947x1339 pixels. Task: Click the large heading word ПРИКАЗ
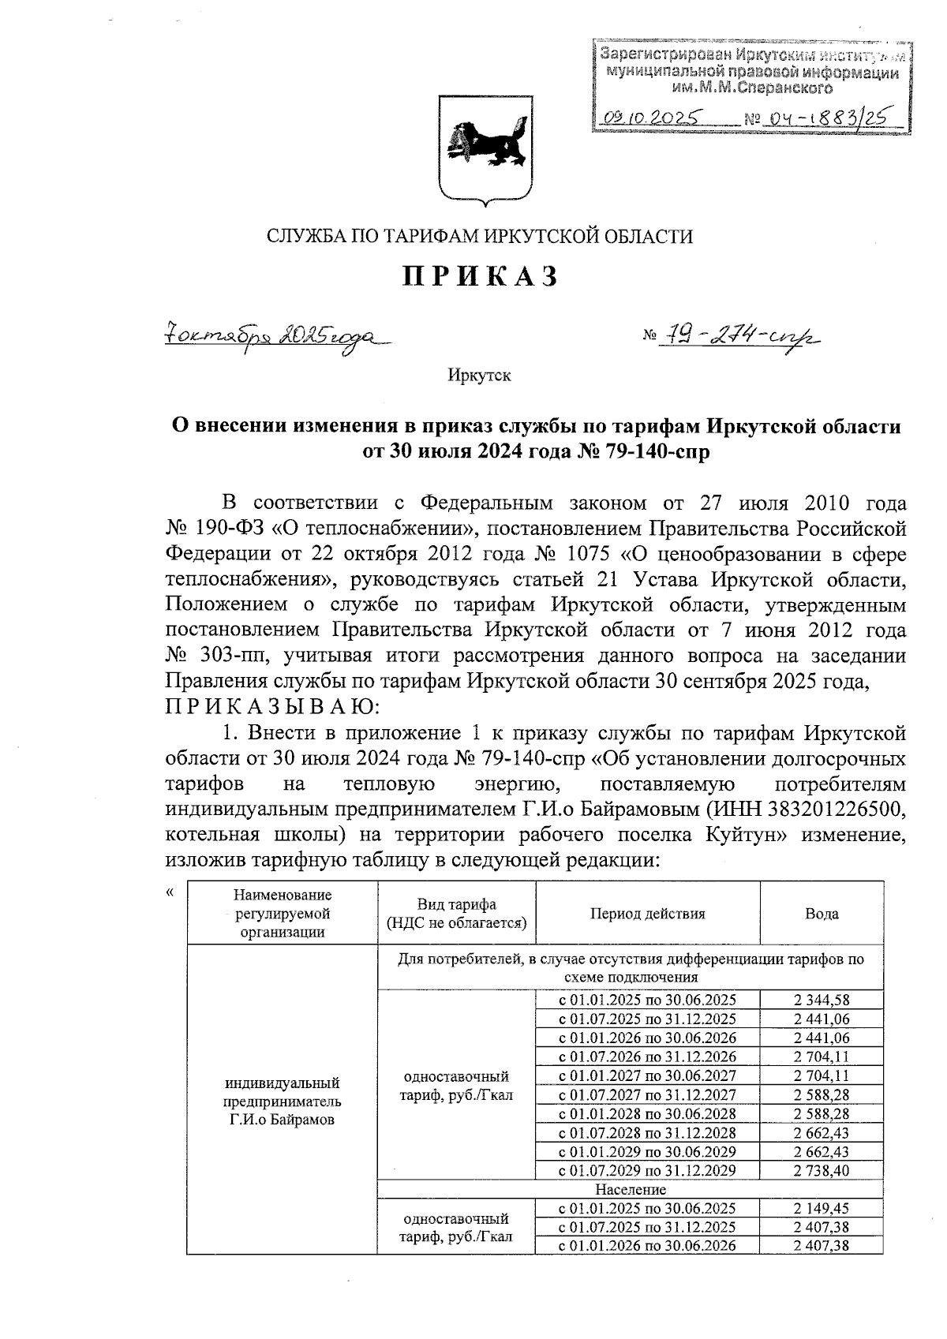tap(481, 276)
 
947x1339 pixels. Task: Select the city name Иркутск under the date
tap(479, 376)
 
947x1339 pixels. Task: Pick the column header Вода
tap(822, 914)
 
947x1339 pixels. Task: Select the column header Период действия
tap(647, 914)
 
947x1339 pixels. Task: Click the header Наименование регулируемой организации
tap(283, 913)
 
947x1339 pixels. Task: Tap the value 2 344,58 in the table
tap(822, 1000)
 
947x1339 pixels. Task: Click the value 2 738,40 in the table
tap(822, 1171)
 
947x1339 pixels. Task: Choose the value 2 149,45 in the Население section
tap(822, 1209)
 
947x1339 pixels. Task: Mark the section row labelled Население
tap(631, 1189)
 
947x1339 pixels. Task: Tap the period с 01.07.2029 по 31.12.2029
tap(647, 1171)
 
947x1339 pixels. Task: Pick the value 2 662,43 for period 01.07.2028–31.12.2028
tap(822, 1133)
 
